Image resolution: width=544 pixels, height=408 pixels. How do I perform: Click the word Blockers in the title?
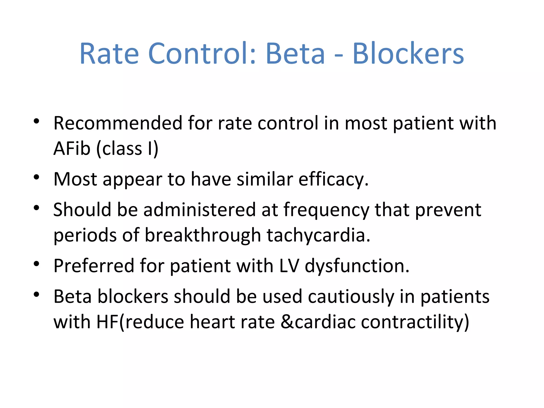(x=408, y=54)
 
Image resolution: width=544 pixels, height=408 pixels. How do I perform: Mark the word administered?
(x=199, y=210)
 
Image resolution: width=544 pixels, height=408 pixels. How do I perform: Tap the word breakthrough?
(x=203, y=235)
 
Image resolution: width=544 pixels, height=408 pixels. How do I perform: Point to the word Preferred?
(x=94, y=266)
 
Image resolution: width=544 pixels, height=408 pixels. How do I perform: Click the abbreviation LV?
(x=289, y=266)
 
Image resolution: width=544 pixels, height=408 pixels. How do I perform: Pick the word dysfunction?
(x=356, y=266)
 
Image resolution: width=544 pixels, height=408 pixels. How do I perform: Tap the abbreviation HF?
(x=107, y=322)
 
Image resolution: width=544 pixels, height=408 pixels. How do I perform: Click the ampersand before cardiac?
(x=287, y=322)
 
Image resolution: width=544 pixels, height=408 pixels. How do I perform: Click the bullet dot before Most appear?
(x=37, y=177)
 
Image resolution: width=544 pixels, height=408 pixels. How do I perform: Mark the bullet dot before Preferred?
(x=37, y=264)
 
